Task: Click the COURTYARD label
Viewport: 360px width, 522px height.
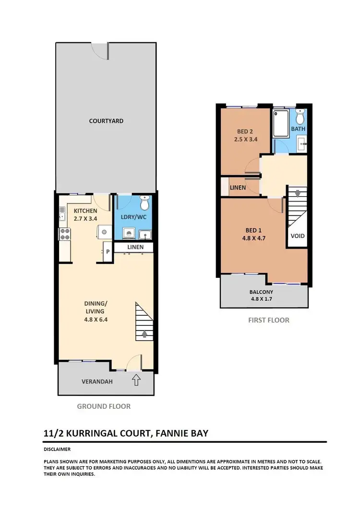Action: coord(106,121)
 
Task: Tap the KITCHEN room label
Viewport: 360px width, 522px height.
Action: coord(85,211)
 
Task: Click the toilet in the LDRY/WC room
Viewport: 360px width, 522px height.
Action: coord(144,199)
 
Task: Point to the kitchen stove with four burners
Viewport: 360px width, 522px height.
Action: coord(65,235)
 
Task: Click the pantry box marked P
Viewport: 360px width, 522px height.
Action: coord(108,251)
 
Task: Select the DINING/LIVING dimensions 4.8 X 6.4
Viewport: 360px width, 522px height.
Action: coord(96,319)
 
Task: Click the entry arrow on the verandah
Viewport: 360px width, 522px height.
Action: coord(136,380)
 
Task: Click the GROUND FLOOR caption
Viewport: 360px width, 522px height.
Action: coord(104,406)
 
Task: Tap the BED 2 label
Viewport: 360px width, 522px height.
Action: coord(245,131)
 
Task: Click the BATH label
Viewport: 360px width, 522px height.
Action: coord(298,129)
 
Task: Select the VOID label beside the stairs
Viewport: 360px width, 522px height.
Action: coord(298,236)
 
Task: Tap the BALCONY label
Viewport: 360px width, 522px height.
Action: coord(261,292)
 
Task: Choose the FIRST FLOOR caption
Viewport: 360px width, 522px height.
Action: coord(268,320)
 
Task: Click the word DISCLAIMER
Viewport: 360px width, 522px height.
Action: coord(57,450)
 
